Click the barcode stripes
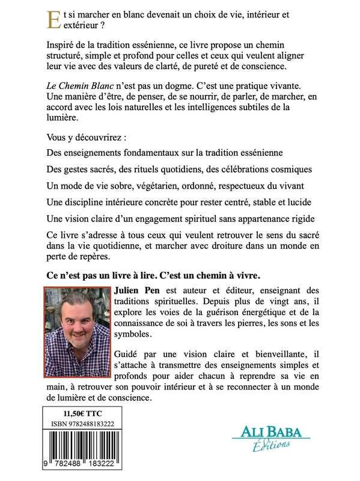click(x=84, y=448)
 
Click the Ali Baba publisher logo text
click(x=271, y=432)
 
